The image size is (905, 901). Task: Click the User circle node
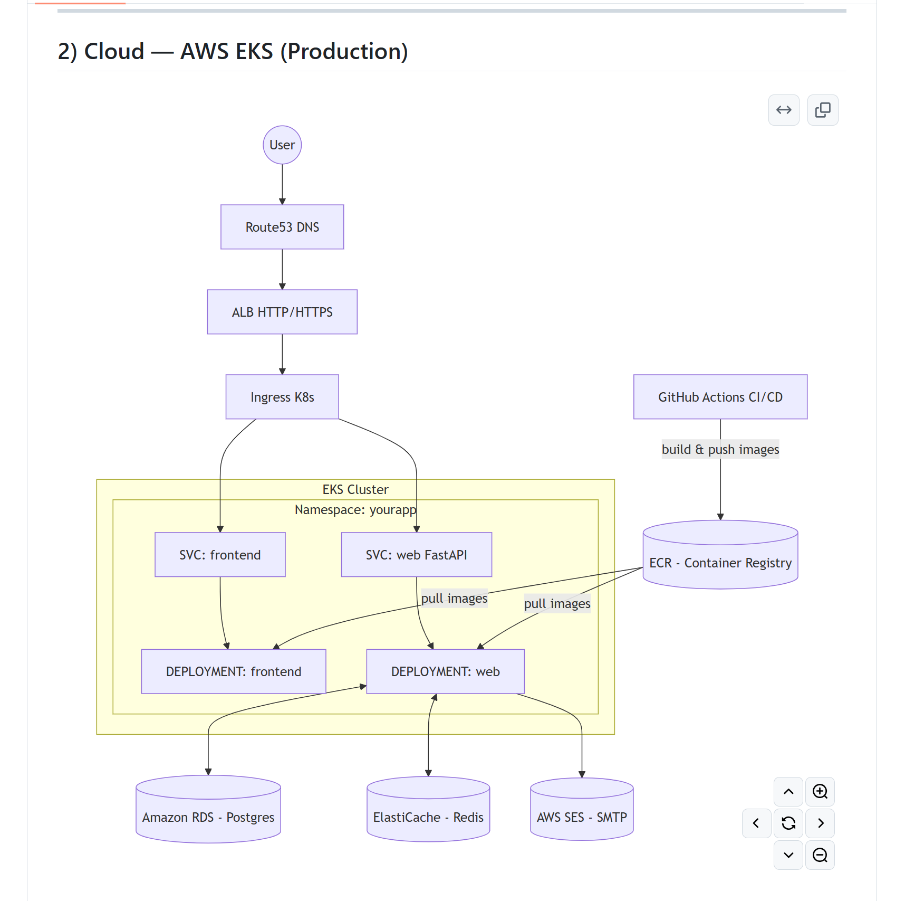coord(282,145)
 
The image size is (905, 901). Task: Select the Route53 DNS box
coord(282,227)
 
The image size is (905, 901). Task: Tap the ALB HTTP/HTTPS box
coord(282,312)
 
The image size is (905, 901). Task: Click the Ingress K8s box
coord(282,397)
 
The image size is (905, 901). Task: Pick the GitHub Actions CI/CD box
coord(720,397)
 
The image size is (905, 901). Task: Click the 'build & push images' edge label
coord(720,449)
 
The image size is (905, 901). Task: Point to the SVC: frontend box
coord(220,555)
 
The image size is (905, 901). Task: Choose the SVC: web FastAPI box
coord(416,555)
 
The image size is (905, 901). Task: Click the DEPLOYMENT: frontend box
coord(233,671)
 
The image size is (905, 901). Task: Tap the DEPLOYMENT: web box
coord(445,671)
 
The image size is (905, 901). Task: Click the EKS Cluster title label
coord(355,489)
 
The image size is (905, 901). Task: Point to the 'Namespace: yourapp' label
coord(355,510)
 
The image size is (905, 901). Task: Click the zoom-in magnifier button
coord(820,791)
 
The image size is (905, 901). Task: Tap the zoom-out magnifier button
coord(820,855)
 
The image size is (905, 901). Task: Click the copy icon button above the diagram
coord(822,110)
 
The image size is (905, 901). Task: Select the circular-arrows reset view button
coord(788,823)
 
